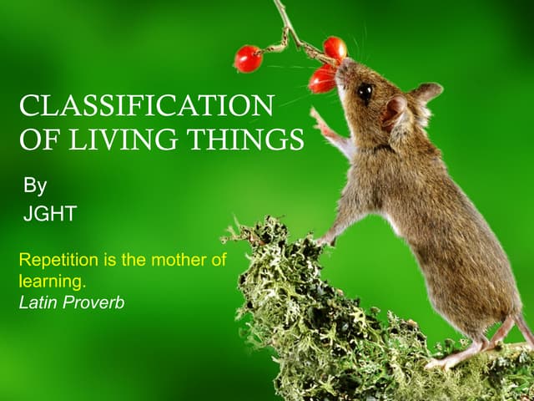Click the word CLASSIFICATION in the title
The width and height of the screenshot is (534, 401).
[x=146, y=106]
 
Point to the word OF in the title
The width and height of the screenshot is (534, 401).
[x=37, y=140]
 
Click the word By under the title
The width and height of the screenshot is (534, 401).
[x=34, y=185]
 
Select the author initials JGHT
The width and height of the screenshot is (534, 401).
[x=49, y=214]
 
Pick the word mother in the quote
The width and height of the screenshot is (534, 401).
[x=177, y=260]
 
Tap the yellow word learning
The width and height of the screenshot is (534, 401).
[x=52, y=282]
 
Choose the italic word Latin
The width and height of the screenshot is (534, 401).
[x=38, y=302]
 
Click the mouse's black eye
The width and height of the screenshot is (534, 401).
[x=365, y=91]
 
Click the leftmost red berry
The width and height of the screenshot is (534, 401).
[x=248, y=58]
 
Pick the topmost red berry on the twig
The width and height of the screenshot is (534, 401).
[x=335, y=48]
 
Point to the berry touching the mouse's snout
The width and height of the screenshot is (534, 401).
[x=323, y=79]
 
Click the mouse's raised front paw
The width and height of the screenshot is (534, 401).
[x=321, y=123]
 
